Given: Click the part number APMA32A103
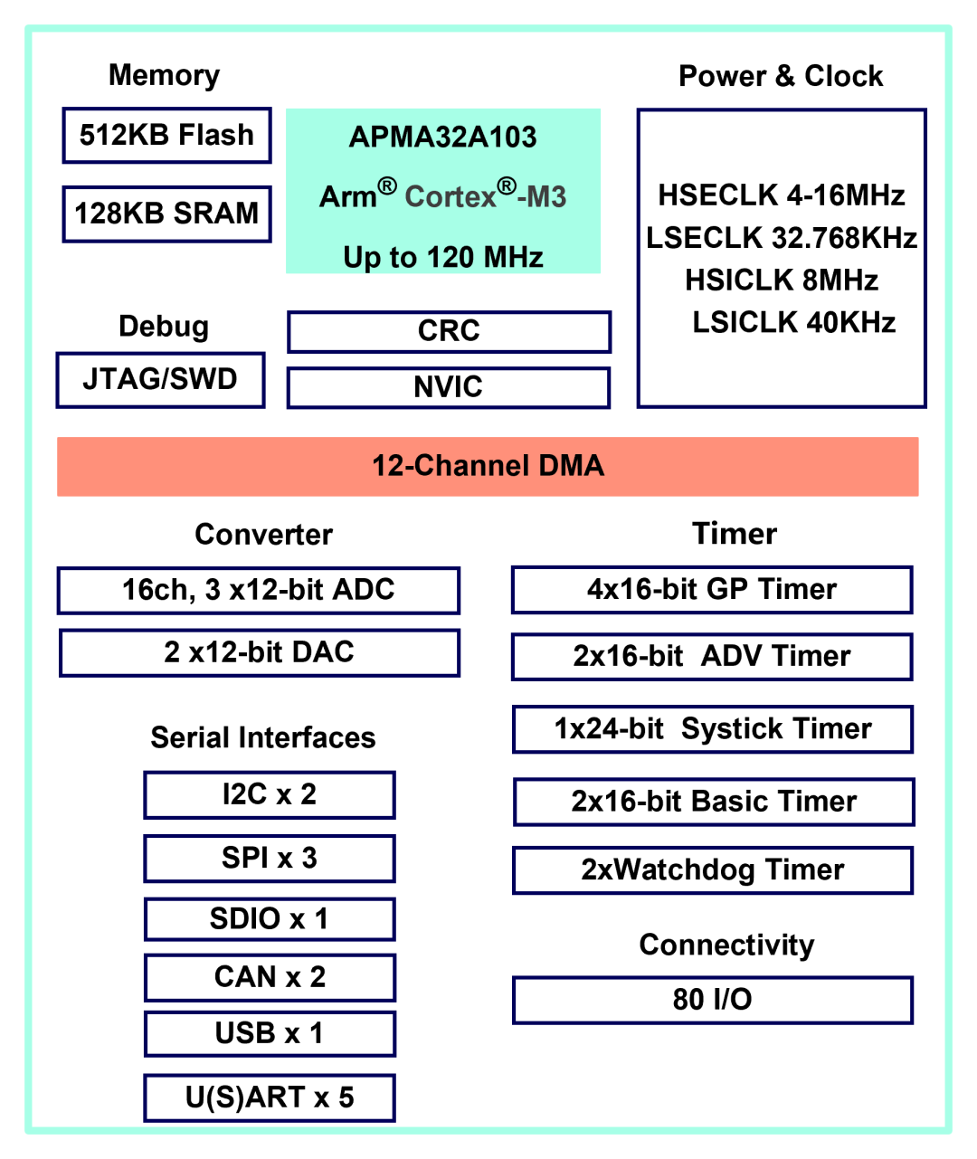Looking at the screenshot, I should click(x=442, y=138).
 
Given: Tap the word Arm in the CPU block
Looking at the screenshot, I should click(x=347, y=197).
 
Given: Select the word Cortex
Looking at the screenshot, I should click(x=451, y=197).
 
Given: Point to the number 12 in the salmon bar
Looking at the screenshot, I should click(x=386, y=466).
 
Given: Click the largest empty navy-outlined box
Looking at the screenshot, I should click(x=782, y=258).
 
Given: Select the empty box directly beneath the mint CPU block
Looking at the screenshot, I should click(x=450, y=332).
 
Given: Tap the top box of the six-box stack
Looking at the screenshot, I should click(x=270, y=795).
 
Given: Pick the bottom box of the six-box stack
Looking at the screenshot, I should click(x=270, y=1097).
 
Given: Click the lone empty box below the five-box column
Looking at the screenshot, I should click(x=713, y=1000).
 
